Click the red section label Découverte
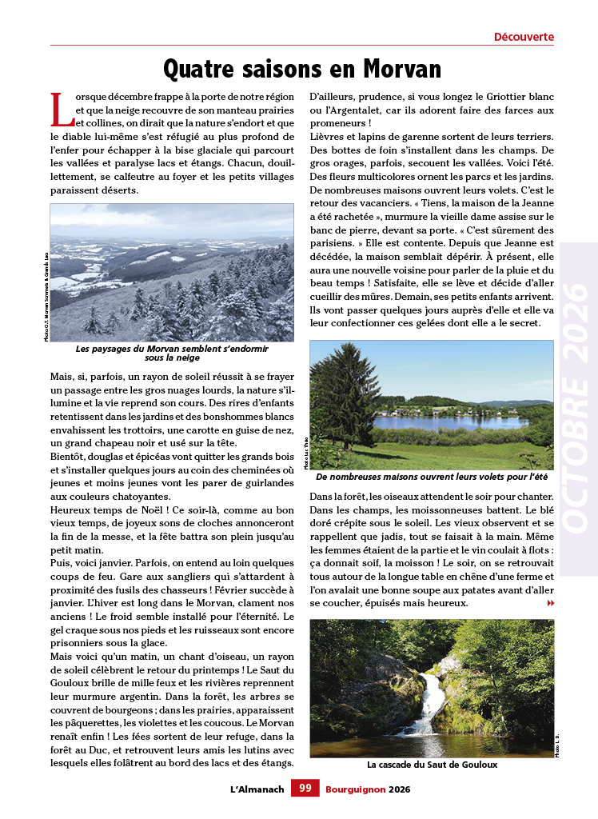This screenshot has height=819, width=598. (x=524, y=37)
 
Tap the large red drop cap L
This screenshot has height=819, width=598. (x=61, y=110)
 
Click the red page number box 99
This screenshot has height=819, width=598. (x=305, y=789)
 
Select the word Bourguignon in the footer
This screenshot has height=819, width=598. (x=355, y=789)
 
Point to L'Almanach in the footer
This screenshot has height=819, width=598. (x=257, y=789)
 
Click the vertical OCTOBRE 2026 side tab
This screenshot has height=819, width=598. (x=577, y=409)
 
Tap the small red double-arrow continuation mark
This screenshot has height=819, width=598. (x=550, y=603)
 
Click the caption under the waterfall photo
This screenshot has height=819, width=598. (x=432, y=765)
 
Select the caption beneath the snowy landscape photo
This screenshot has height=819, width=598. (x=172, y=354)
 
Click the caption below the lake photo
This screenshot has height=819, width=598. (x=432, y=477)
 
